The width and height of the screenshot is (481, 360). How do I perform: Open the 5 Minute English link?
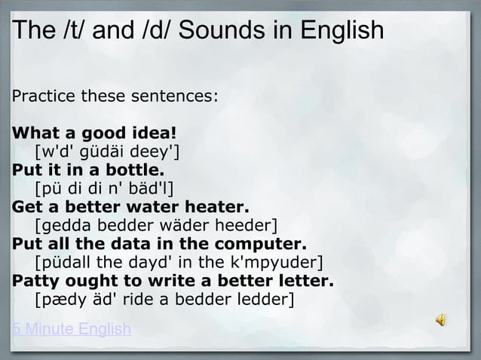(71, 330)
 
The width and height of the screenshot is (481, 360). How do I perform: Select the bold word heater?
(222, 207)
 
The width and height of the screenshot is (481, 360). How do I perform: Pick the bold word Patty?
(34, 281)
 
